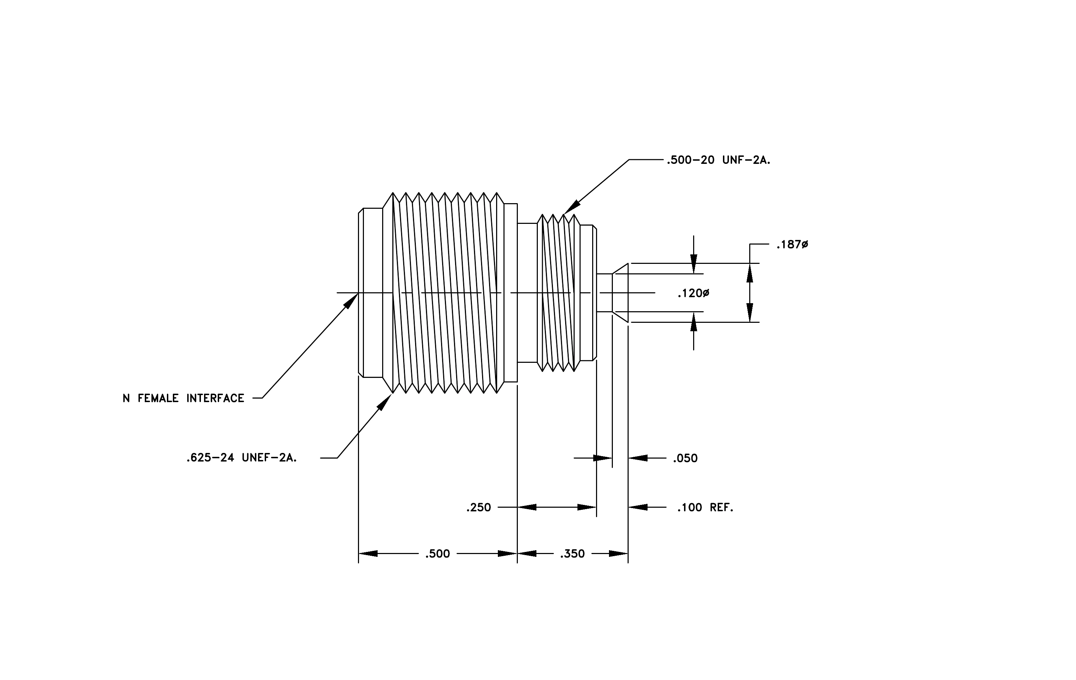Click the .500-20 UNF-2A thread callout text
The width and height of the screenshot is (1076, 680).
(718, 160)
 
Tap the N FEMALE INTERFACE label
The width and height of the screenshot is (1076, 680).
(183, 398)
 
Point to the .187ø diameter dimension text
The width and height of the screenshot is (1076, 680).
(792, 245)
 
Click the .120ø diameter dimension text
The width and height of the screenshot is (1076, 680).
(693, 293)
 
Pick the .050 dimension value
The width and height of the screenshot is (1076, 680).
(685, 458)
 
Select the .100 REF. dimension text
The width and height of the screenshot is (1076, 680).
(705, 507)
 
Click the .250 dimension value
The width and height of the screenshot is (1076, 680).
(479, 507)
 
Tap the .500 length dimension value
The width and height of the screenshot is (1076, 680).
(438, 554)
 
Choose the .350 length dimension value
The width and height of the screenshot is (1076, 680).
(573, 554)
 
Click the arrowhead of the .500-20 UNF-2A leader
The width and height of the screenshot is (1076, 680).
(572, 207)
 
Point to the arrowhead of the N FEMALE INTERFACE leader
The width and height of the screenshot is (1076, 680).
(351, 301)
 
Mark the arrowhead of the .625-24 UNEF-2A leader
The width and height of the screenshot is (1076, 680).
(385, 401)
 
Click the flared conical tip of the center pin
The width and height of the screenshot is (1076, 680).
(620, 293)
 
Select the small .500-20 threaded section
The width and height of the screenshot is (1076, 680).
(559, 293)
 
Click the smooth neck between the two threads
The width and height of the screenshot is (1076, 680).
(527, 293)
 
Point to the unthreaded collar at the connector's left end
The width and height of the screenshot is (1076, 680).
(371, 293)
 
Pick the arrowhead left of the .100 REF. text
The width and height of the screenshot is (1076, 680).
(638, 507)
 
